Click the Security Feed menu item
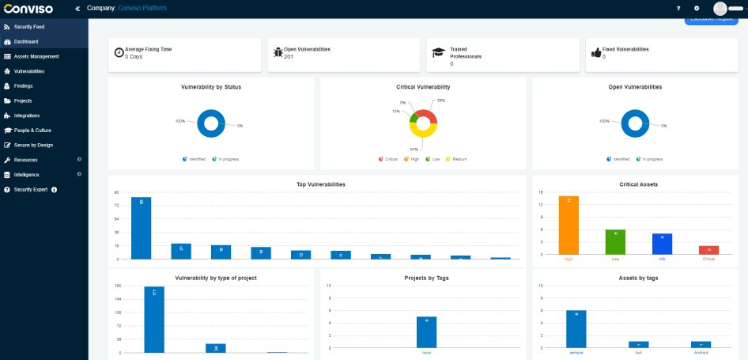[x=29, y=27]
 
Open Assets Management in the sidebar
[x=36, y=56]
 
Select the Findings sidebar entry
[x=23, y=85]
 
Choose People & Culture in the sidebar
[x=32, y=130]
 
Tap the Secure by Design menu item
[x=33, y=145]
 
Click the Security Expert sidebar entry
[x=30, y=189]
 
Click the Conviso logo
[x=30, y=8]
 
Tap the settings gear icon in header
[x=697, y=8]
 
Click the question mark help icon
[x=678, y=8]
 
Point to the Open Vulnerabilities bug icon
[x=278, y=52]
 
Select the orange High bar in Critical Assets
[x=569, y=225]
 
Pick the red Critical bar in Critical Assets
[x=708, y=250]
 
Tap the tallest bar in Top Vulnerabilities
[x=142, y=228]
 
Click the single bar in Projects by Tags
[x=426, y=332]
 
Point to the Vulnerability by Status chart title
[x=211, y=87]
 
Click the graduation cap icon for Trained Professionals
[x=437, y=52]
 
